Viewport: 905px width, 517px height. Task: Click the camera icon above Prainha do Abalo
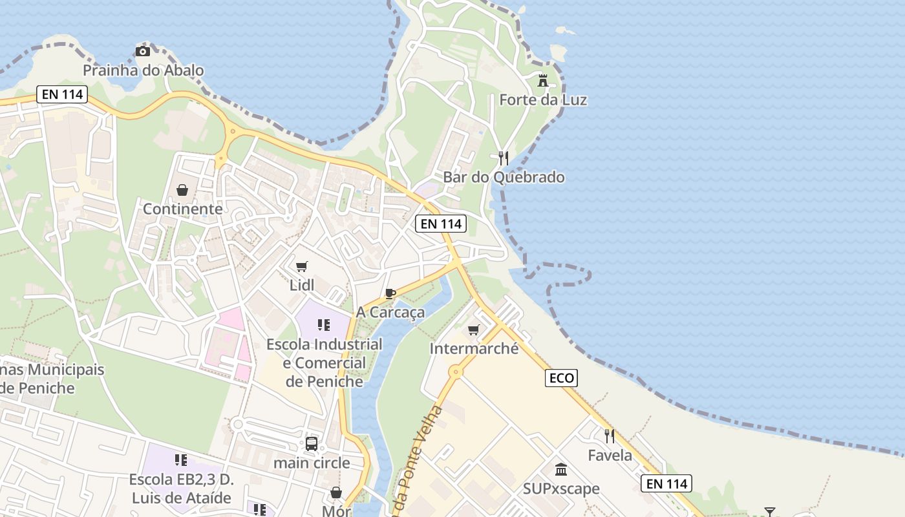tap(143, 51)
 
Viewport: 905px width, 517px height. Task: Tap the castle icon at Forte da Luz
tap(543, 81)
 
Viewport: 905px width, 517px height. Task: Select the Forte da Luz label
tap(543, 100)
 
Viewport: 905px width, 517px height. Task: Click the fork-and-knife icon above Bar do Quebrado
tap(504, 158)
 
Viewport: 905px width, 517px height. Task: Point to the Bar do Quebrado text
tap(504, 177)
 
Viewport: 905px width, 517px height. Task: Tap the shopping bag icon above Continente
tap(182, 190)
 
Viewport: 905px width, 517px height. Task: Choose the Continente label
tap(182, 209)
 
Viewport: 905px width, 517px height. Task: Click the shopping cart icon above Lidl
tap(302, 266)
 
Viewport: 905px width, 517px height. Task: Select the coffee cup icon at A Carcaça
tap(390, 293)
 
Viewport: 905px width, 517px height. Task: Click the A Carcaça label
tap(390, 312)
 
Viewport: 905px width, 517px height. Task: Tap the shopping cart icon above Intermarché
tap(474, 330)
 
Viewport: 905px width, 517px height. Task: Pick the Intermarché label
tap(474, 349)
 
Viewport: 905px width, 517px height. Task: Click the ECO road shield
tap(561, 378)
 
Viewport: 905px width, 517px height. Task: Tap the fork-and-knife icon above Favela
tap(610, 436)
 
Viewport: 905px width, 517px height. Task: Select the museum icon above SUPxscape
tap(561, 469)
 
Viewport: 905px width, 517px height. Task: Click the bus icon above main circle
tap(312, 444)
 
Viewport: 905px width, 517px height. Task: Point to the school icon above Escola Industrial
tap(324, 324)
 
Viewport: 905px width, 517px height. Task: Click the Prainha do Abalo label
tap(143, 70)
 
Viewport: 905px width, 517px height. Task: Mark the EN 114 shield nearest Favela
tap(666, 483)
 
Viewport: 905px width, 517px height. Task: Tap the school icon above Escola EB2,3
tap(181, 460)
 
